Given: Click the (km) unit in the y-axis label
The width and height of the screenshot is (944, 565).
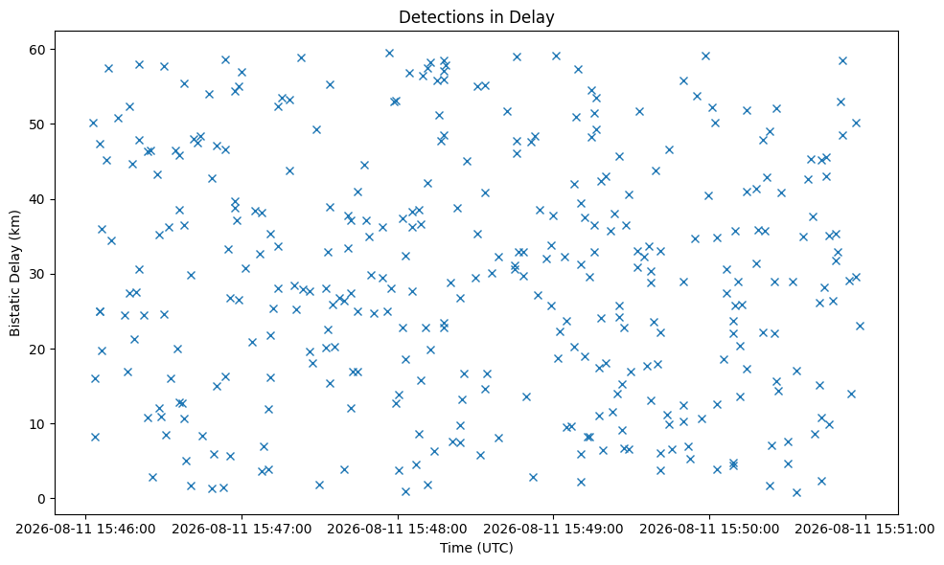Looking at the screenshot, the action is (x=15, y=223).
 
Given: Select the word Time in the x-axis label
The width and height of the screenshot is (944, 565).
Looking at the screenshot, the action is (x=454, y=548).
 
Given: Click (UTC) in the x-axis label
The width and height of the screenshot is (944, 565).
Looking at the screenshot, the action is (x=494, y=548).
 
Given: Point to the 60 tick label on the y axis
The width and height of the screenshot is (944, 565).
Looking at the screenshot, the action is (x=38, y=50).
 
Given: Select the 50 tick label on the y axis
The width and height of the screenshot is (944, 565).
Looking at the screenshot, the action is (x=38, y=124).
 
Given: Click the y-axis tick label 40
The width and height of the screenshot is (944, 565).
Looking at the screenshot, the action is (x=38, y=199).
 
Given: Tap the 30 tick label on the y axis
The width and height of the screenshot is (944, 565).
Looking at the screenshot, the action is (x=38, y=275).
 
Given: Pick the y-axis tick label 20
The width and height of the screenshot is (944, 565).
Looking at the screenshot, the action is (x=38, y=349).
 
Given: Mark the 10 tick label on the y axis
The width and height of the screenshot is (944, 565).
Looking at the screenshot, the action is (x=38, y=424).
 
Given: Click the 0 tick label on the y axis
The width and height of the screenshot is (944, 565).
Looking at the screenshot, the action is (x=42, y=499).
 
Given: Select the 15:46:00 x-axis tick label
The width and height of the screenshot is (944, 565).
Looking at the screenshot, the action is (x=85, y=530).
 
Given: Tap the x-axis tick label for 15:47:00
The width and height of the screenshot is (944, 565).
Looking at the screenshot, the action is (x=242, y=530).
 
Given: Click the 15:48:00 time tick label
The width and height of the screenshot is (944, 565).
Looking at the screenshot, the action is (x=398, y=530).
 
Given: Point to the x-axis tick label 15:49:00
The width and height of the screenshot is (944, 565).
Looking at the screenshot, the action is (x=554, y=530).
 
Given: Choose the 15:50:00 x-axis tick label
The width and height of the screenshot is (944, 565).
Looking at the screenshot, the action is (x=710, y=530).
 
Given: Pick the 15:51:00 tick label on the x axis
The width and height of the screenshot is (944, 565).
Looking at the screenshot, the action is (x=865, y=530).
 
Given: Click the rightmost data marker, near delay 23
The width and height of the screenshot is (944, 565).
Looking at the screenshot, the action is (x=860, y=327).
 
